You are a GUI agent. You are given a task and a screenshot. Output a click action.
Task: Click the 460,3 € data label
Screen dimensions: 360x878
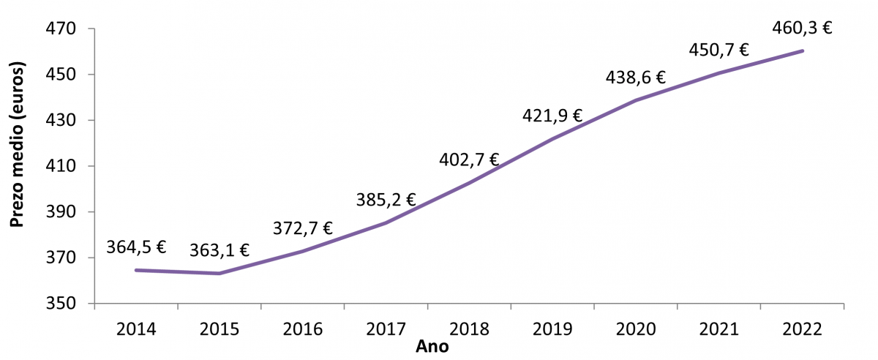pos(803,29)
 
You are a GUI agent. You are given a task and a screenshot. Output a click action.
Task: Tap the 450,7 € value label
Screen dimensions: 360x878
pos(719,50)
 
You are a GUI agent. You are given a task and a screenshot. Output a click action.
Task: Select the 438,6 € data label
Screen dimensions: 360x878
pos(636,78)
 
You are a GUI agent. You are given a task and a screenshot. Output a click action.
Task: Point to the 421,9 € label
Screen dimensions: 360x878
pos(552,116)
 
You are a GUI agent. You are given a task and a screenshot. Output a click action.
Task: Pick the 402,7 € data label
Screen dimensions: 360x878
pos(469,160)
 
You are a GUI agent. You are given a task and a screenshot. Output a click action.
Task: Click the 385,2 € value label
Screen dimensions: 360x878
pos(386,199)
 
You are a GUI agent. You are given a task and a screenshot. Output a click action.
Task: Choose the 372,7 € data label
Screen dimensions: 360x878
pos(302,228)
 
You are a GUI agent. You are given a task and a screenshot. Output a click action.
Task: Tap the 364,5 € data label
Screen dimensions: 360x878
pos(136,247)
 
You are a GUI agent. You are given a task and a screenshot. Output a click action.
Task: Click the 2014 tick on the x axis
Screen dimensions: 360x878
pos(136,327)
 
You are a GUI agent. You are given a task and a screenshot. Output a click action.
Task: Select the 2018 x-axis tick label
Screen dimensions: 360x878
pos(469,327)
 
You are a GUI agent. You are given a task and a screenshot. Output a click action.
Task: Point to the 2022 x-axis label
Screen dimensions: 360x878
pos(803,327)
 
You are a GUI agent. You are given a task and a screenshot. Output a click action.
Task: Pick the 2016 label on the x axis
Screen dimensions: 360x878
pos(302,327)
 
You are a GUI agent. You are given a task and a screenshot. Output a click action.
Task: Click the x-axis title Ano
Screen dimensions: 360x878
pos(432,346)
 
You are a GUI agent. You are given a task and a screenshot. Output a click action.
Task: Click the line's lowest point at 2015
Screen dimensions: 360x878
pos(219,274)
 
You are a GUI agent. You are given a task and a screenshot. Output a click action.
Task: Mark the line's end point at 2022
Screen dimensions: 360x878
pos(803,50)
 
